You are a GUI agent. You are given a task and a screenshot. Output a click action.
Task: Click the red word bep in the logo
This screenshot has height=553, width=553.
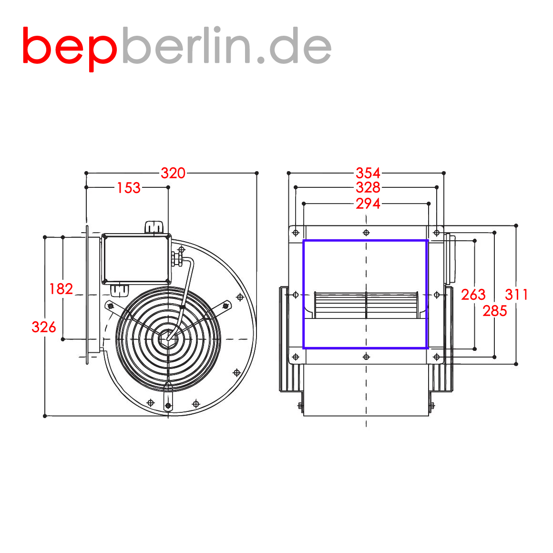pyautogui.click(x=70, y=49)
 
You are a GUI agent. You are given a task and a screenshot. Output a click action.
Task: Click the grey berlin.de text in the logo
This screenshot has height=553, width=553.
pyautogui.click(x=227, y=45)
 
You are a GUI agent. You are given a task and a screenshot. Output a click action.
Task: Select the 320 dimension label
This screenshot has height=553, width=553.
pyautogui.click(x=173, y=173)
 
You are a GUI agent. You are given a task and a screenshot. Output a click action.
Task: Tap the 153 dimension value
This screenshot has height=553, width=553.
pyautogui.click(x=129, y=188)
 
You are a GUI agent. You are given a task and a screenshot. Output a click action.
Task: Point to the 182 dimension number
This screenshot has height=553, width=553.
pyautogui.click(x=61, y=289)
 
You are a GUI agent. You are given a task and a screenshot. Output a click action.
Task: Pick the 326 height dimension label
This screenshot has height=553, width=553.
pyautogui.click(x=44, y=327)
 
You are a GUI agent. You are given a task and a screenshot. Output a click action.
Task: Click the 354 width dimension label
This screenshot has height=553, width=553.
pyautogui.click(x=368, y=173)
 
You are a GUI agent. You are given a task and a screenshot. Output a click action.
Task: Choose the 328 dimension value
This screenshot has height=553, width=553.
pyautogui.click(x=368, y=187)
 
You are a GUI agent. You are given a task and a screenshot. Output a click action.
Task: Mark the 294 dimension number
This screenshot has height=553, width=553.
pyautogui.click(x=368, y=204)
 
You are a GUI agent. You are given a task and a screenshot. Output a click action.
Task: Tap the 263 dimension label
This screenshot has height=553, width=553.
pyautogui.click(x=473, y=295)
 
